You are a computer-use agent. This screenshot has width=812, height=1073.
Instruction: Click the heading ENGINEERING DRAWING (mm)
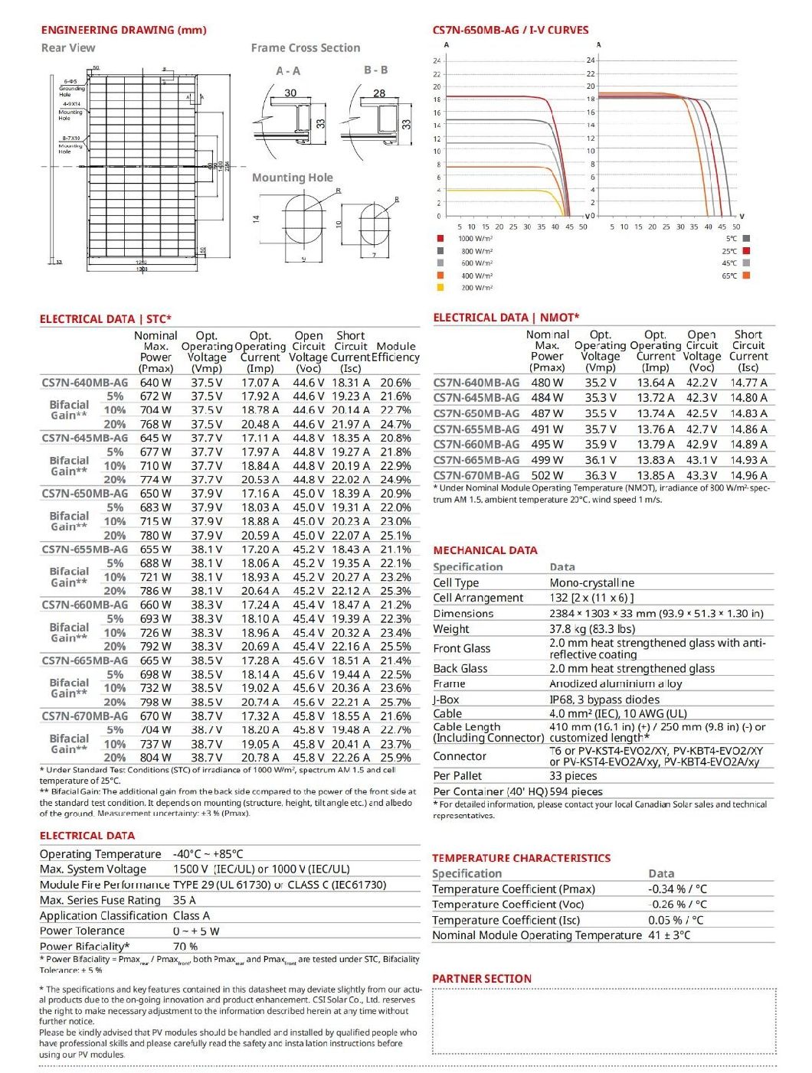click(123, 30)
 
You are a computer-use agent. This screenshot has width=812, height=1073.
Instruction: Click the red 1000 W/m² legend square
click(440, 239)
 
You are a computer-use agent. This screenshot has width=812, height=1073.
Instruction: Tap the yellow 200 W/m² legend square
click(440, 288)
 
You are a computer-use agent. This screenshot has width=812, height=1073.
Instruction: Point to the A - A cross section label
click(288, 71)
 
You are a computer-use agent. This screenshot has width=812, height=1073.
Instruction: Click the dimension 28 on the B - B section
click(379, 93)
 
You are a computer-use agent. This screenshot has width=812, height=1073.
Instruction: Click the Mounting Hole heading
click(292, 178)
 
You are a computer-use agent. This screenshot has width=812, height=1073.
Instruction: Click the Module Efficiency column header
click(396, 351)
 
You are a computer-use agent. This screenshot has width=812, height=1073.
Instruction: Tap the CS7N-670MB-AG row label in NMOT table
click(476, 475)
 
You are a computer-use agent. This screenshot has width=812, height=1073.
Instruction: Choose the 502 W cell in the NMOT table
click(547, 475)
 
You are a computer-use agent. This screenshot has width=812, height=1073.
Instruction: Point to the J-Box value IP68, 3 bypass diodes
click(604, 700)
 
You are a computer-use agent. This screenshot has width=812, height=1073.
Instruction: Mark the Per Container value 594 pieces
click(576, 791)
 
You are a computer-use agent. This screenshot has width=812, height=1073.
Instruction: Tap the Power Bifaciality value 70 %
click(185, 947)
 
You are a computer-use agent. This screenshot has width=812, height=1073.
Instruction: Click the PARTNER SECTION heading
click(481, 978)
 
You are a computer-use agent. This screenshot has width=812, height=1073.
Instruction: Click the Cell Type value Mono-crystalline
click(591, 583)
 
